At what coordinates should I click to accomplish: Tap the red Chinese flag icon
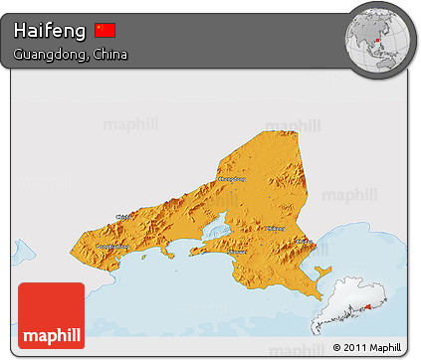pos(105,30)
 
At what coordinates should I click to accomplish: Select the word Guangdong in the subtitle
pos(50,53)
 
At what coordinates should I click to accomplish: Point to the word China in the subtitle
pos(107,53)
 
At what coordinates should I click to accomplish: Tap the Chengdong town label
pos(231,180)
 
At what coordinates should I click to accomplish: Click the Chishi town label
pos(125,215)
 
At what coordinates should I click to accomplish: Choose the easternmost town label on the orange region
pos(304,240)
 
